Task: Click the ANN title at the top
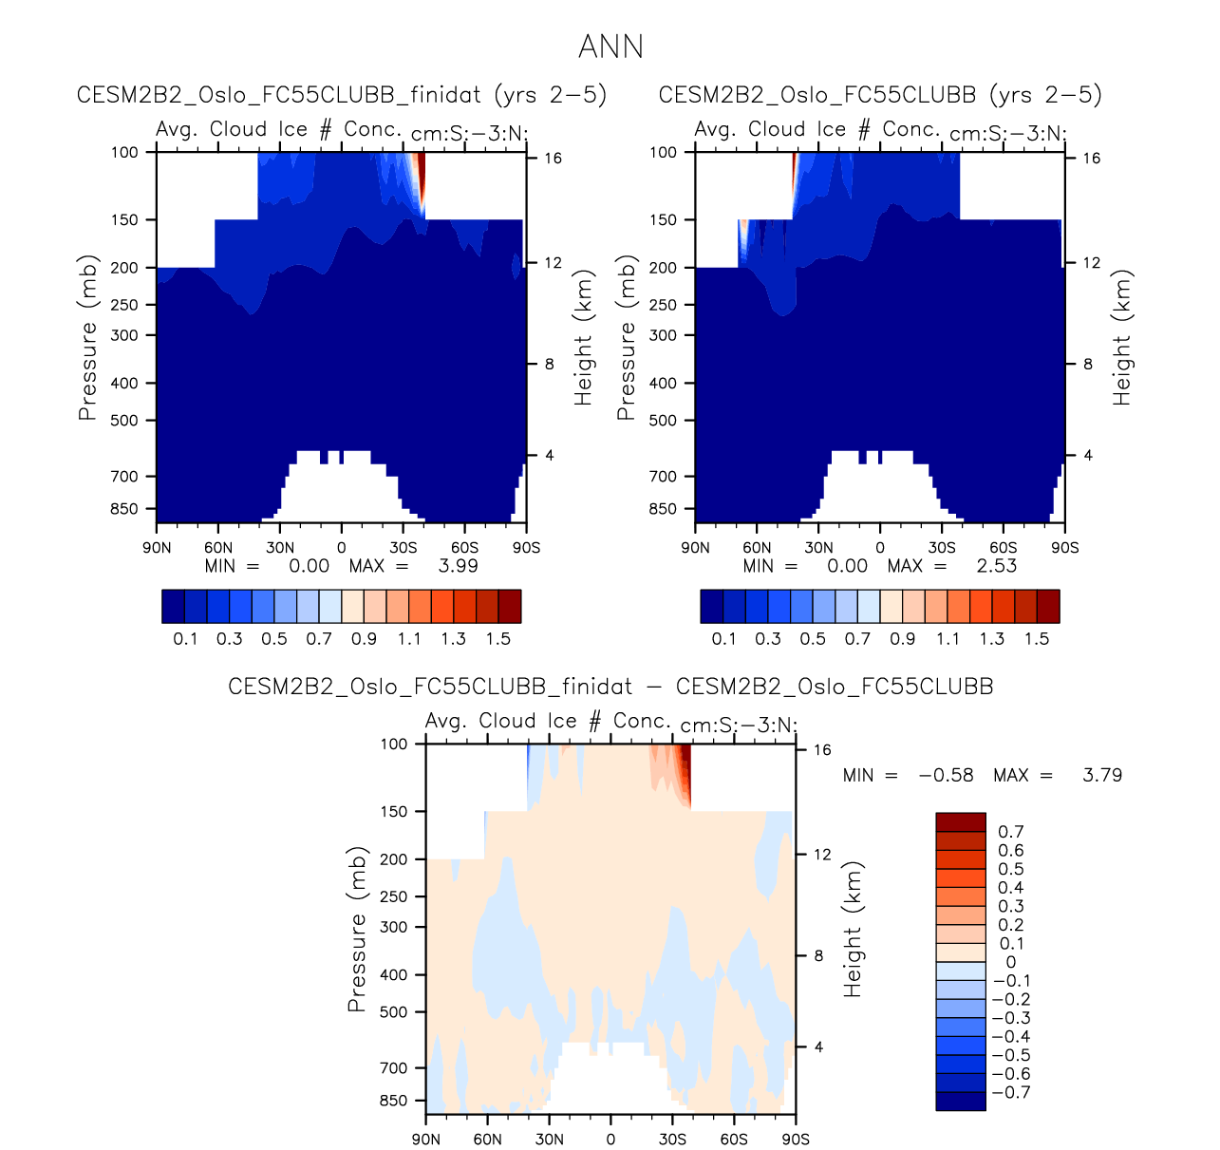tap(610, 47)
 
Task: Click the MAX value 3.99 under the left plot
tap(458, 566)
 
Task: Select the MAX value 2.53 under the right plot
tap(996, 566)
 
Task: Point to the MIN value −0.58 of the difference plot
tap(946, 775)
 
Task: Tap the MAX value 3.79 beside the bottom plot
tap(1101, 775)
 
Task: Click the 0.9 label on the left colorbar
tap(364, 638)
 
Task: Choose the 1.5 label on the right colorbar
tap(1037, 638)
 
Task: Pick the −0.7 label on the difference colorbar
tap(1010, 1092)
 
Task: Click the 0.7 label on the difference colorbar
tap(1010, 832)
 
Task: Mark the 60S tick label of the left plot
tap(464, 548)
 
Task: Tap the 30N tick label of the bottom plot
tap(549, 1140)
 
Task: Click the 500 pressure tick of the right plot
tap(663, 420)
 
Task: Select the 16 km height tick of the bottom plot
tap(822, 750)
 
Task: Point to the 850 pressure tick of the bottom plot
tap(393, 1101)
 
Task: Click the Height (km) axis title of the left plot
tap(583, 338)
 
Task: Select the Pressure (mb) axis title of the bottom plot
tap(356, 930)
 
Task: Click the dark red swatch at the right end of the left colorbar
tap(510, 606)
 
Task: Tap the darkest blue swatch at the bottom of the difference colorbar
tap(960, 1101)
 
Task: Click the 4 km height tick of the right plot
tap(1088, 456)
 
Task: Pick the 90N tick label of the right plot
tap(695, 548)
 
